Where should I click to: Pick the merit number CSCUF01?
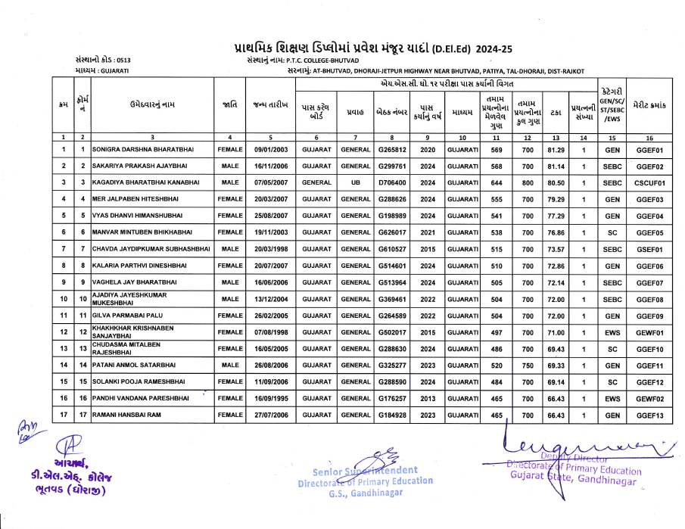pyautogui.click(x=649, y=182)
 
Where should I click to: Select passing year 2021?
pyautogui.click(x=428, y=232)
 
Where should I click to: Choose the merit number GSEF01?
pyautogui.click(x=649, y=248)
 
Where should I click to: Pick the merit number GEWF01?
pyautogui.click(x=649, y=331)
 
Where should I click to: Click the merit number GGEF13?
pyautogui.click(x=649, y=415)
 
